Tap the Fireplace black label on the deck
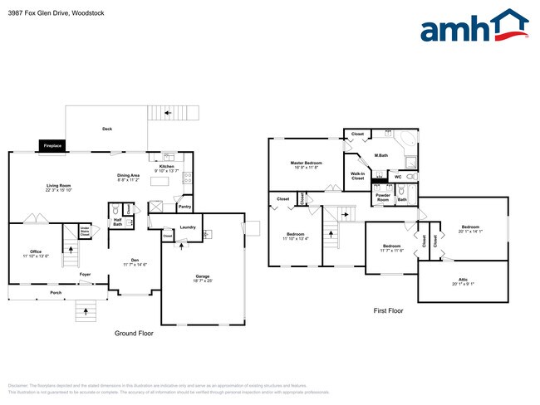[x=52, y=146]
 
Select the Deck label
[x=106, y=129]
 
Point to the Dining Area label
[x=128, y=177]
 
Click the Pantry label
[x=184, y=206]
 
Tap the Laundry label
[x=187, y=227]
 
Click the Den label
[x=135, y=261]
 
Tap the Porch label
[x=56, y=293]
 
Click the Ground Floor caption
[x=133, y=333]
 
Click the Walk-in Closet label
[x=358, y=176]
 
